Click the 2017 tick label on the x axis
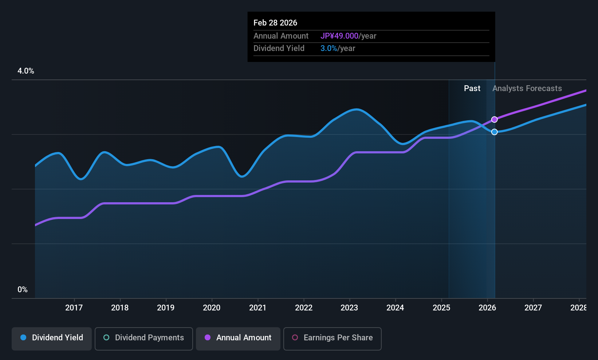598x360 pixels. click(x=74, y=308)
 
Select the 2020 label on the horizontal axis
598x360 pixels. click(x=212, y=308)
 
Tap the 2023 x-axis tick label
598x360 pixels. click(x=349, y=308)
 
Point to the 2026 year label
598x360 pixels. click(x=487, y=308)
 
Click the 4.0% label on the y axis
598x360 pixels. click(x=26, y=71)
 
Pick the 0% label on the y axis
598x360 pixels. click(x=23, y=290)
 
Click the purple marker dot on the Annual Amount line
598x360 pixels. click(x=495, y=120)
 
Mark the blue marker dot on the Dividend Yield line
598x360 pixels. click(x=495, y=132)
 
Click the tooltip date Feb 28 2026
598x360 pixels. click(x=275, y=23)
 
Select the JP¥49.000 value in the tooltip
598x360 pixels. click(x=339, y=36)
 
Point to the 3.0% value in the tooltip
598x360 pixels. click(x=328, y=48)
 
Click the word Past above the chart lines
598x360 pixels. click(x=472, y=89)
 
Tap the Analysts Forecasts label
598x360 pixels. click(x=527, y=89)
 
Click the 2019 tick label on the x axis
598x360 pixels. click(x=166, y=308)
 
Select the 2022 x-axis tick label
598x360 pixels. click(x=303, y=308)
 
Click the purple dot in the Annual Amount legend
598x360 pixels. click(x=208, y=337)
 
